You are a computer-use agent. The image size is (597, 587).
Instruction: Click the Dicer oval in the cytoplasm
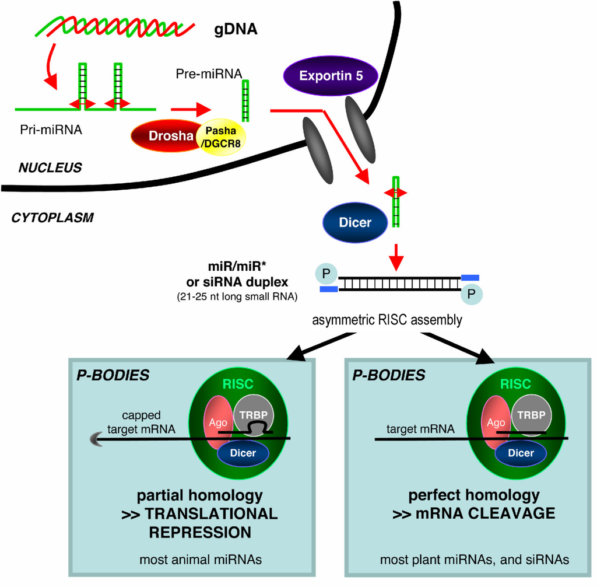[x=354, y=222]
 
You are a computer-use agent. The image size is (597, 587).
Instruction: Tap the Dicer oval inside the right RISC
[x=521, y=453]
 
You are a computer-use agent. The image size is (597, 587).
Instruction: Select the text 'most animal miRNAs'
[x=200, y=561]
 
